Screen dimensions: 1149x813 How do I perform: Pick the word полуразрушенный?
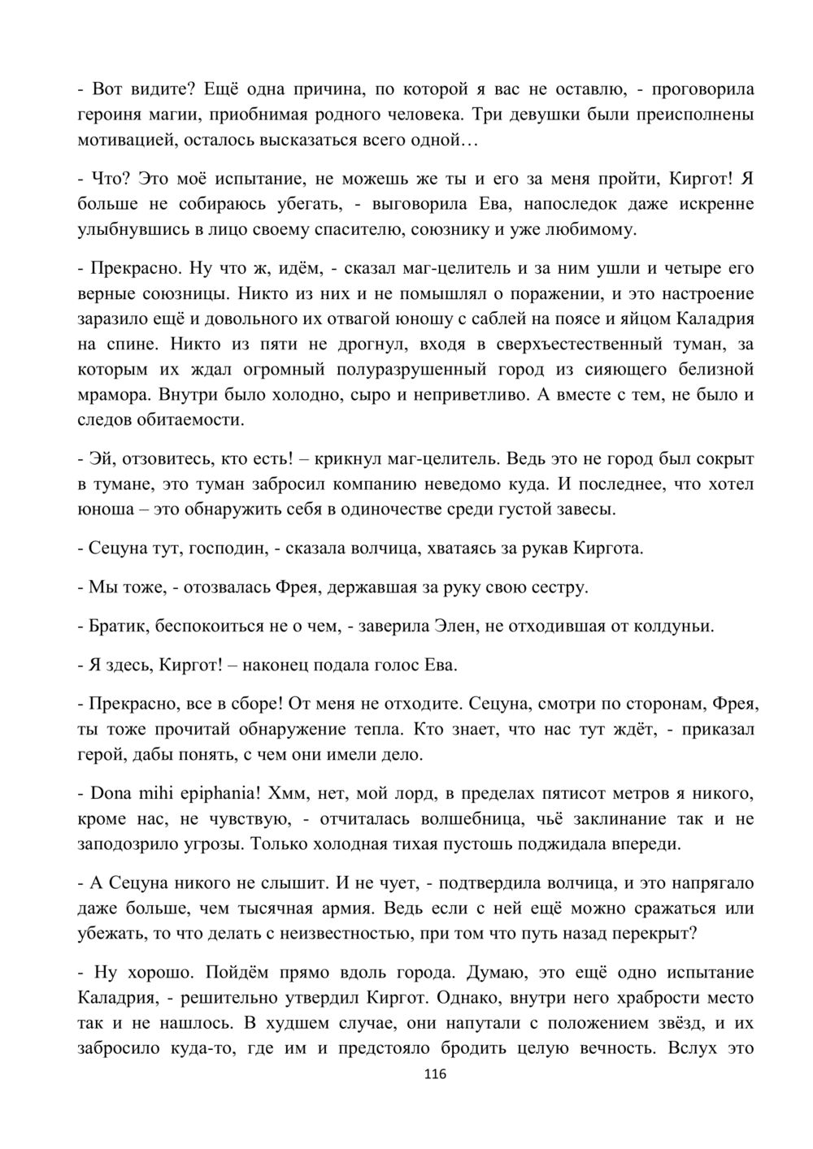(x=398, y=370)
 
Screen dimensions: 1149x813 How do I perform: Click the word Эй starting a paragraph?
(x=98, y=459)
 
